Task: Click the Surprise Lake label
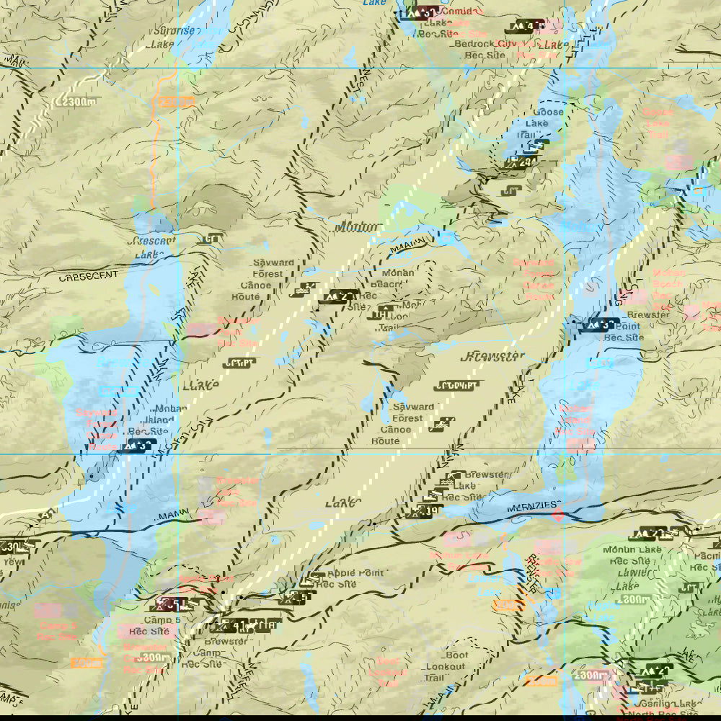pyautogui.click(x=173, y=37)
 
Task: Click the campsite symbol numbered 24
pyautogui.click(x=521, y=163)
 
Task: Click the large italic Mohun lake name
pyautogui.click(x=356, y=227)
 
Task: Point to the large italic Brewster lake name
pyautogui.click(x=492, y=357)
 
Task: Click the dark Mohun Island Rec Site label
pyautogui.click(x=149, y=420)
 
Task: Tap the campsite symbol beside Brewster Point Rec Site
pyautogui.click(x=601, y=324)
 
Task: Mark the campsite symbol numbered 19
pyautogui.click(x=423, y=512)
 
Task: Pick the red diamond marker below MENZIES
pyautogui.click(x=557, y=513)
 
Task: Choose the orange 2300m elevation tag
pyautogui.click(x=175, y=102)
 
